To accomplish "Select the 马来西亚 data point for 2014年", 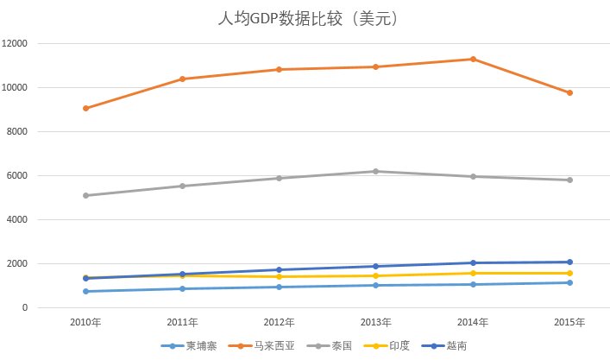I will [473, 59].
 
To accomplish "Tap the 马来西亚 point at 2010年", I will [85, 108].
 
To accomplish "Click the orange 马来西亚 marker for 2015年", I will [569, 92].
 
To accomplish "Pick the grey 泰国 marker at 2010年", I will [85, 195].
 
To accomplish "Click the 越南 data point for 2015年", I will [569, 262].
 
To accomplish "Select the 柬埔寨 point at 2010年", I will [85, 291].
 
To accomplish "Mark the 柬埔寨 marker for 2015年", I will [569, 282].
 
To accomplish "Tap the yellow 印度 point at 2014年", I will [473, 273].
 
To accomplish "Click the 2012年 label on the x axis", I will [279, 323].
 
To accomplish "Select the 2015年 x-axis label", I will [569, 323].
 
